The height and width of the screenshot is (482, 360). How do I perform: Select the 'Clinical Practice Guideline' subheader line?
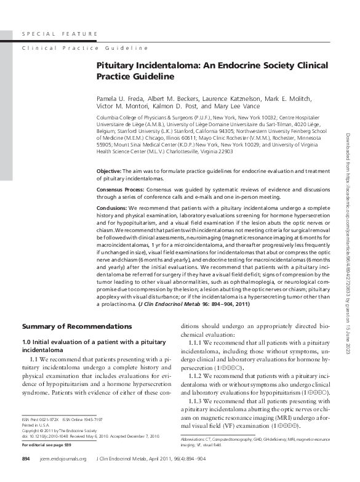pos(85,47)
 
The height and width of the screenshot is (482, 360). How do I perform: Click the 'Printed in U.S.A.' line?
pos(38,441)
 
